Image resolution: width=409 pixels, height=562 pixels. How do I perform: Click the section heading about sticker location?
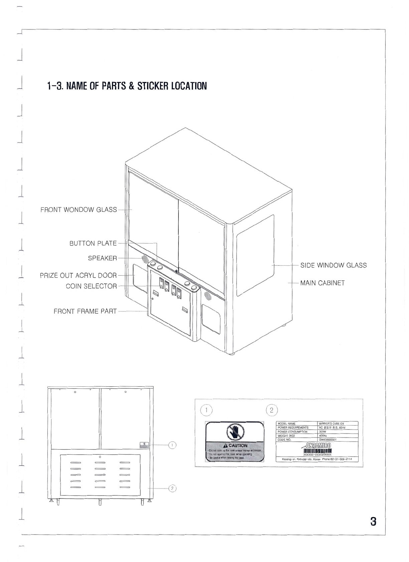(127, 86)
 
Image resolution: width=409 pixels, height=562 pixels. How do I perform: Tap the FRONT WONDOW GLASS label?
(79, 210)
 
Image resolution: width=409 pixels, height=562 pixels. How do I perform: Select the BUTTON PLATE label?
(93, 243)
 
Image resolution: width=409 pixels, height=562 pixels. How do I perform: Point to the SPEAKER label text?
(102, 258)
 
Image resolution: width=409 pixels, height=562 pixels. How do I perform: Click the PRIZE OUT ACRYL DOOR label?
(79, 275)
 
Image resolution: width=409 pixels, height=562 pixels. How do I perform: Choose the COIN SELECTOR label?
(91, 286)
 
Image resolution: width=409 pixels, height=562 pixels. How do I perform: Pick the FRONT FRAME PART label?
(85, 311)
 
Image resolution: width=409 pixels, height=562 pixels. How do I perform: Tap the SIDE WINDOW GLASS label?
(333, 265)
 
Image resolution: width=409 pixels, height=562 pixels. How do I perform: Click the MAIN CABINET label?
(322, 283)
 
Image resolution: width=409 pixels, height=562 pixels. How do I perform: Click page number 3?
(373, 521)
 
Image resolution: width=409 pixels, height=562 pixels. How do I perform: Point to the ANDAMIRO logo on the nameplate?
(316, 445)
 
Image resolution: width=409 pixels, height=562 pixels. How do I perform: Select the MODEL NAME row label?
(287, 424)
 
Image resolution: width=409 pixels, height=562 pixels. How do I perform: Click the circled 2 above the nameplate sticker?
(272, 410)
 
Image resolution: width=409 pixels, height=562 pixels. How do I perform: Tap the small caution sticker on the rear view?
(144, 445)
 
